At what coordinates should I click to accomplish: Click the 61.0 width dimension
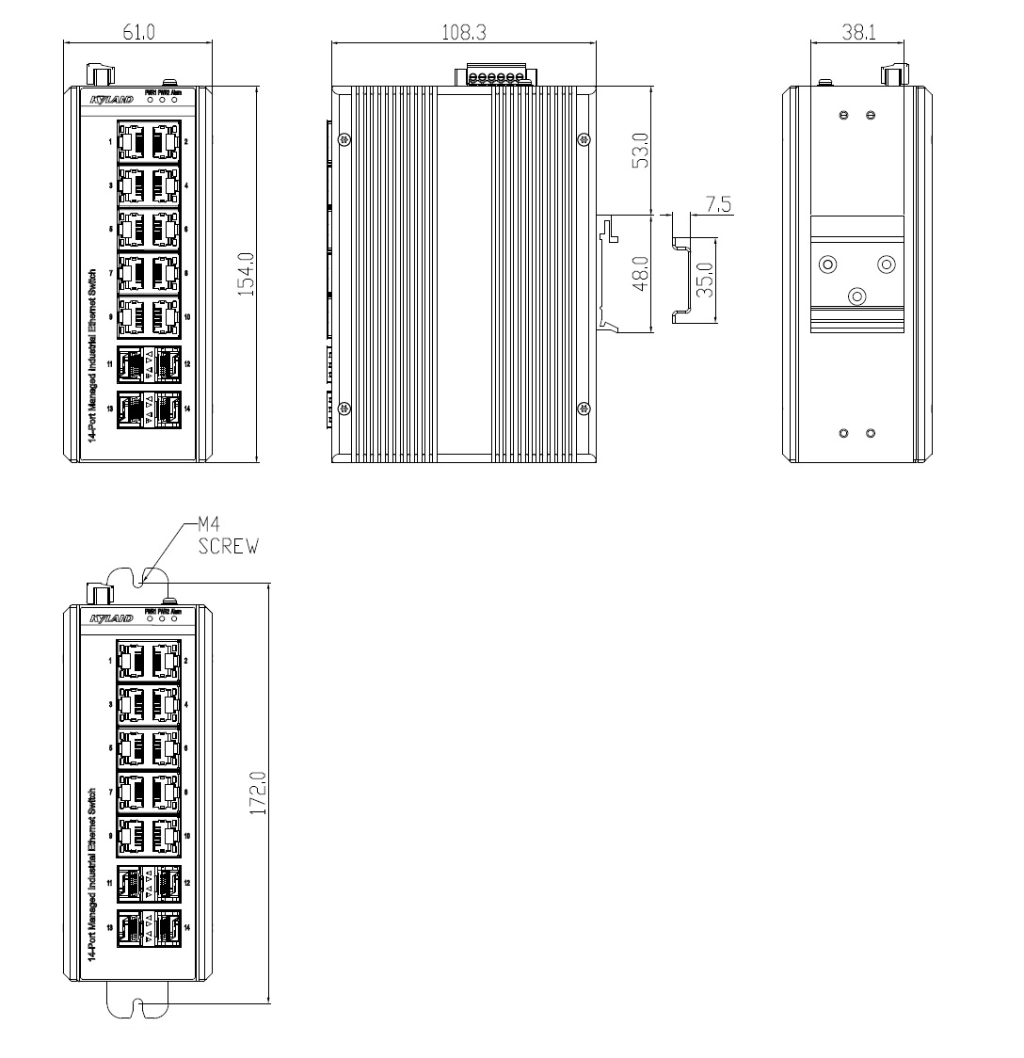pyautogui.click(x=138, y=32)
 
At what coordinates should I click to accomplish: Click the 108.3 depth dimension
pyautogui.click(x=463, y=32)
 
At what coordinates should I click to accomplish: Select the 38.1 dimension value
pyautogui.click(x=857, y=32)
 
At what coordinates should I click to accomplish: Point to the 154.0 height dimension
pyautogui.click(x=246, y=274)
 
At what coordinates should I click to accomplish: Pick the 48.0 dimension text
pyautogui.click(x=639, y=275)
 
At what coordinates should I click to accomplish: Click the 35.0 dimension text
pyautogui.click(x=705, y=281)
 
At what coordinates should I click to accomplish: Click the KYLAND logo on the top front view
pyautogui.click(x=111, y=98)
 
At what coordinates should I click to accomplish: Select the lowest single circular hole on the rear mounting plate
pyautogui.click(x=856, y=297)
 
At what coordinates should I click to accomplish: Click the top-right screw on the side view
pyautogui.click(x=584, y=140)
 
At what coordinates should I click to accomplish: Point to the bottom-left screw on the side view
pyautogui.click(x=345, y=408)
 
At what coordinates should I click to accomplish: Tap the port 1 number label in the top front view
pyautogui.click(x=110, y=141)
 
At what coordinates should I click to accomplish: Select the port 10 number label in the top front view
pyautogui.click(x=187, y=317)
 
